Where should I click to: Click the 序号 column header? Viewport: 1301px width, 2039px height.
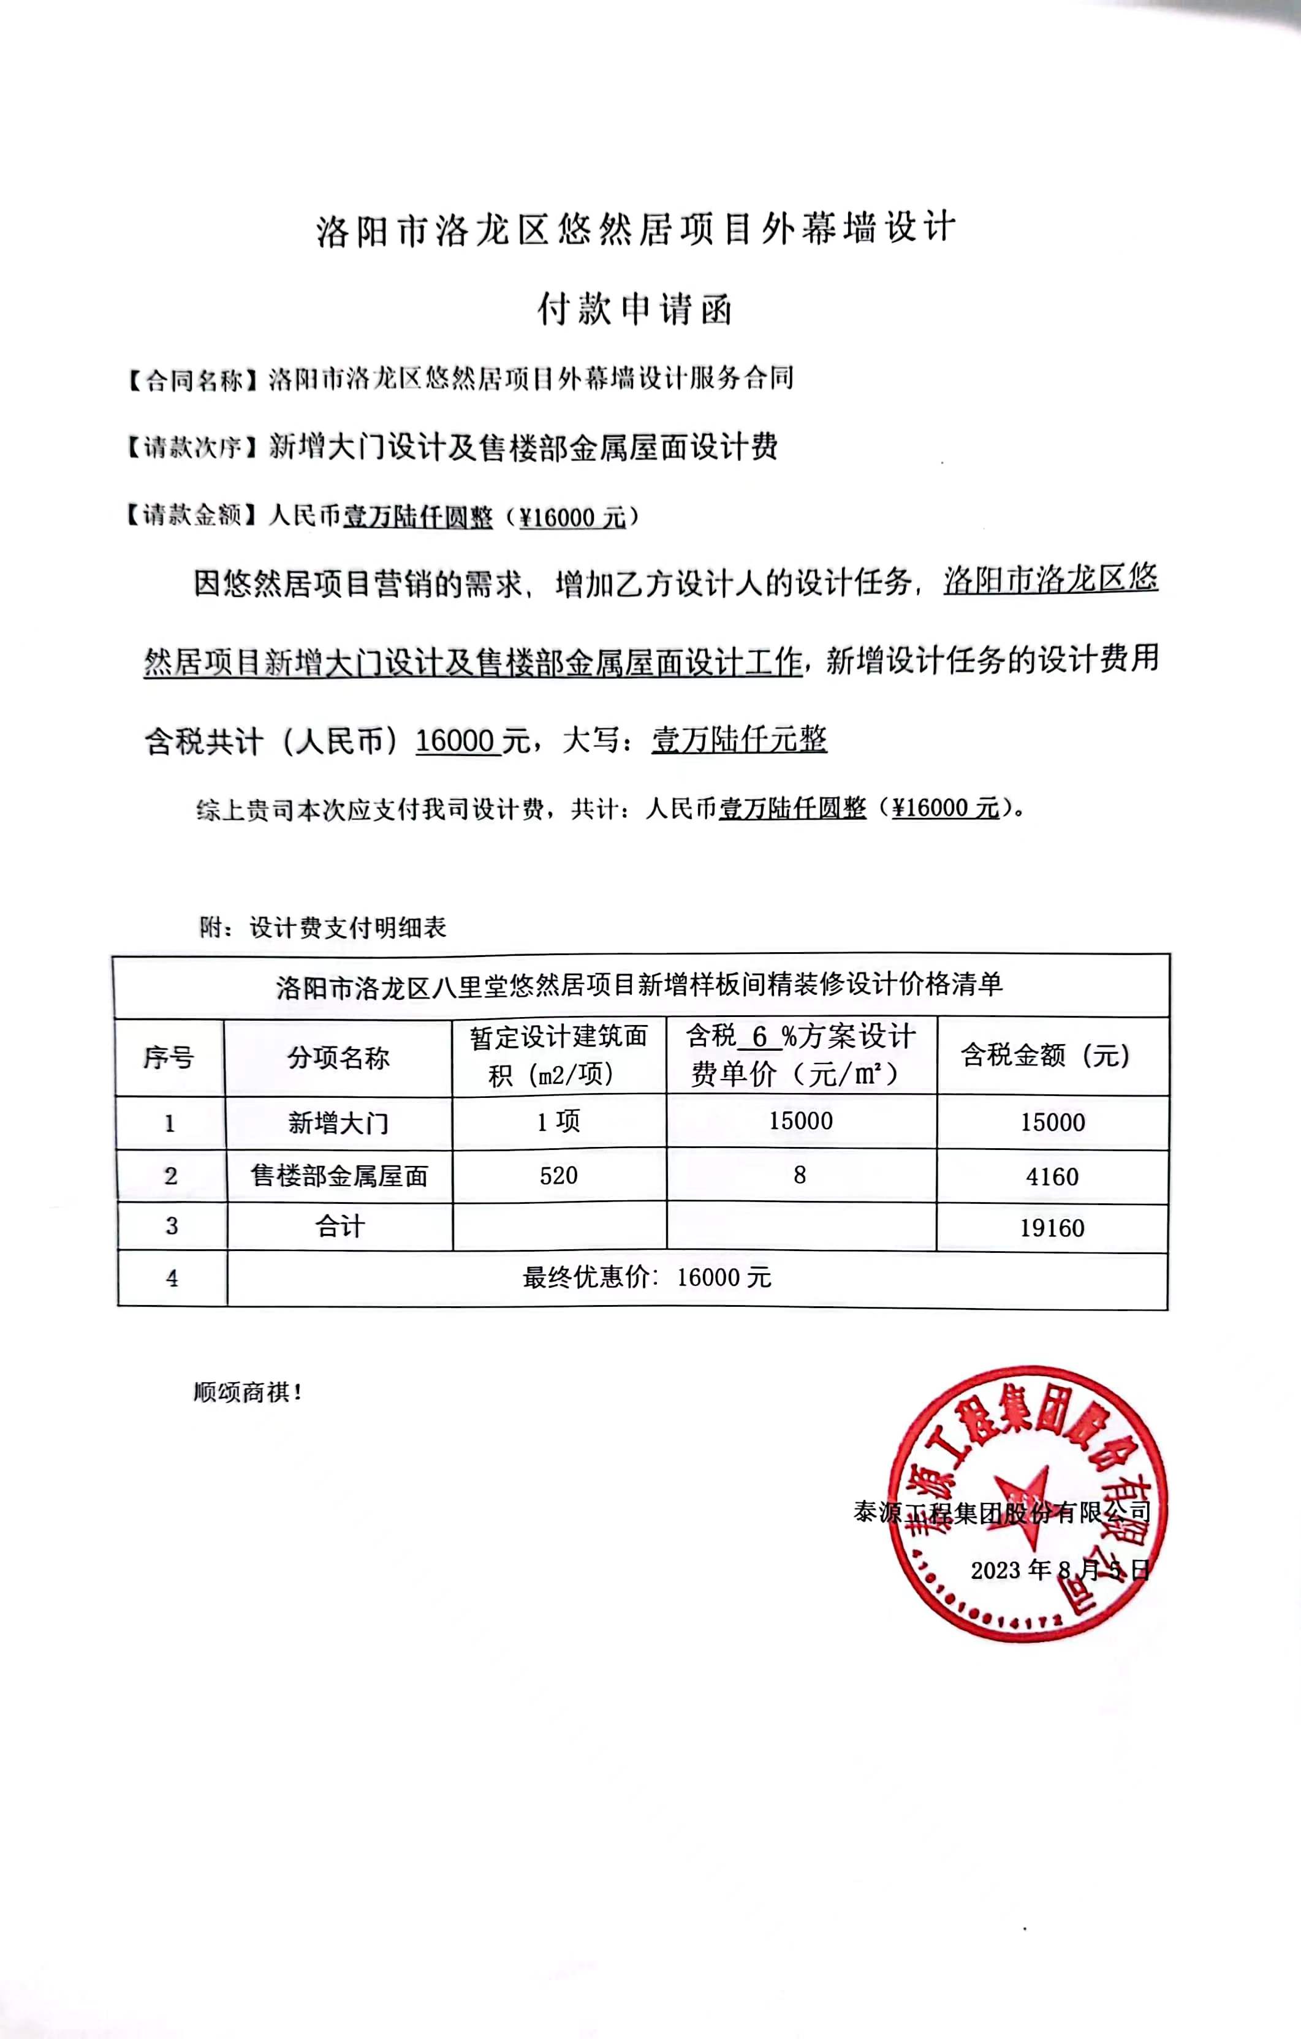(x=169, y=1057)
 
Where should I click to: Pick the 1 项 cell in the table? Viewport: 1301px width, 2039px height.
(x=558, y=1122)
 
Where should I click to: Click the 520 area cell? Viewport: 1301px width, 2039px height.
(x=558, y=1175)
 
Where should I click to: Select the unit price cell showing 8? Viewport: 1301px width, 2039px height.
(x=800, y=1175)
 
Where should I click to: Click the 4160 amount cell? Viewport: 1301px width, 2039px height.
(x=1052, y=1176)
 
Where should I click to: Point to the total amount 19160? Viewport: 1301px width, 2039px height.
(x=1052, y=1228)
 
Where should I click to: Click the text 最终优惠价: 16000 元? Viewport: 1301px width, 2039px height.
(x=647, y=1278)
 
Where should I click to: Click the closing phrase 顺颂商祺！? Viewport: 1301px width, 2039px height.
(x=248, y=1392)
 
